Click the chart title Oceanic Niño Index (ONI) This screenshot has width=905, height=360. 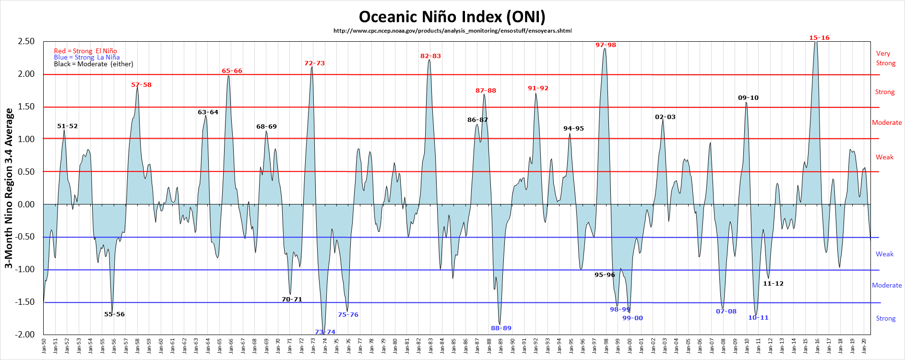[x=452, y=17]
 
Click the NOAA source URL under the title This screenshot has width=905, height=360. [x=452, y=31]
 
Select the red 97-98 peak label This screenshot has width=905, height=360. [x=606, y=45]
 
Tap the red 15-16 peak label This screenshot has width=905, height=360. [x=819, y=38]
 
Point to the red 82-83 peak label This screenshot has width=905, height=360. [x=430, y=56]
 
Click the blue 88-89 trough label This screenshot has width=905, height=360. [x=501, y=328]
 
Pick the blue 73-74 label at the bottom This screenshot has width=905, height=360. [x=325, y=332]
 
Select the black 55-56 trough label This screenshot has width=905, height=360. [x=114, y=314]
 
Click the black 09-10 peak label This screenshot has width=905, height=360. [x=748, y=98]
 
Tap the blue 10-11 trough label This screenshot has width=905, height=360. [x=758, y=318]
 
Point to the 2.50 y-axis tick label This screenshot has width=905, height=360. [x=26, y=41]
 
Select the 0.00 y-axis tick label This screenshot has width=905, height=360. [x=26, y=204]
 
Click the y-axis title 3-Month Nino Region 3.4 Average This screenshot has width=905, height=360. [x=9, y=188]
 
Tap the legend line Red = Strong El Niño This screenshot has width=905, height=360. [x=85, y=51]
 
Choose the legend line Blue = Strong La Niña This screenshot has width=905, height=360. [x=86, y=57]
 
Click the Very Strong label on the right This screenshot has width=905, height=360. [x=885, y=58]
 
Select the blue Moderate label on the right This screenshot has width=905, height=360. [x=887, y=285]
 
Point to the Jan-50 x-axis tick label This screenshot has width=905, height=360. [x=44, y=346]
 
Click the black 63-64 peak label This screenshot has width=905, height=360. [x=208, y=112]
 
